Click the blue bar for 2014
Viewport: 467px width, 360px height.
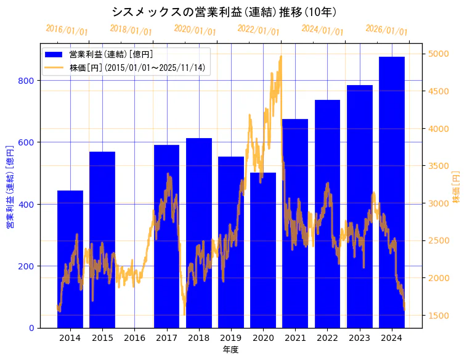click(x=70, y=259)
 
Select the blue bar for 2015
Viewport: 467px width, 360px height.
click(x=102, y=240)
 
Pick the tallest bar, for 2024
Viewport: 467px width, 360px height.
click(x=392, y=192)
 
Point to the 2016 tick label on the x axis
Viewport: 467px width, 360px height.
click(x=134, y=338)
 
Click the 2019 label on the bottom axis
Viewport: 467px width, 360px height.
click(x=231, y=338)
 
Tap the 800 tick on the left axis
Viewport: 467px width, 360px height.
click(x=29, y=81)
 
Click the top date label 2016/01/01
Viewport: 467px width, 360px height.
click(x=67, y=30)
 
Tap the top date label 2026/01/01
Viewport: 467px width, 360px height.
click(x=387, y=30)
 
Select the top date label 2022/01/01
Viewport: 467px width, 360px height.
click(x=259, y=30)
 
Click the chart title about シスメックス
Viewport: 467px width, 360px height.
click(x=225, y=12)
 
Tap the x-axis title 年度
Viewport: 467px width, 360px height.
click(x=230, y=350)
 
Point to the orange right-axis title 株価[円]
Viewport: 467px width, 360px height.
click(x=457, y=187)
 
